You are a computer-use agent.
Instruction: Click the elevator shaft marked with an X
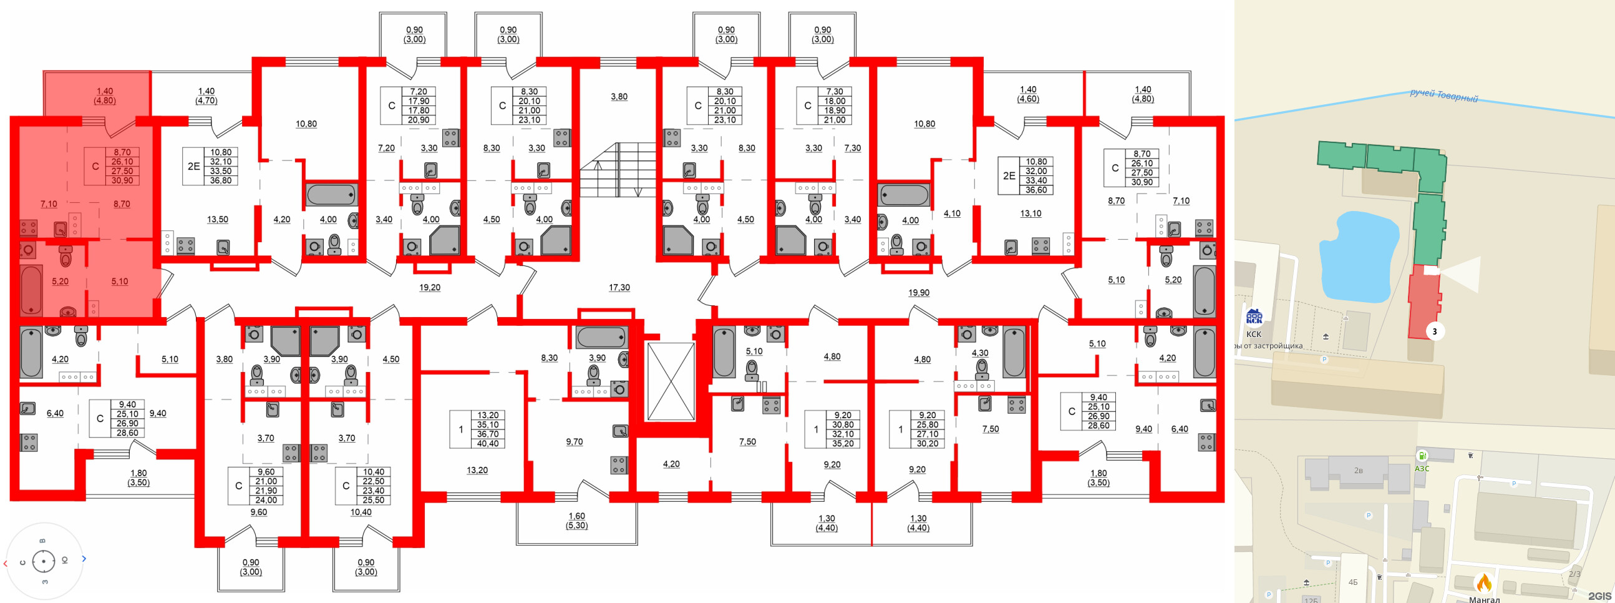coord(671,381)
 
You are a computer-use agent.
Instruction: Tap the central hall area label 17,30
coord(619,287)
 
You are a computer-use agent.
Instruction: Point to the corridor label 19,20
coord(429,287)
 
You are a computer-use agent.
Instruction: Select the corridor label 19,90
coord(918,292)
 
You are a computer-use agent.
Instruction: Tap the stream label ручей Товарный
coord(1443,96)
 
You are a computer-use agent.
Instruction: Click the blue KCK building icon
coord(1254,317)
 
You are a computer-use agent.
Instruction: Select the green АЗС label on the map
coord(1422,468)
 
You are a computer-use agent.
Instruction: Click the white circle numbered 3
coord(1435,331)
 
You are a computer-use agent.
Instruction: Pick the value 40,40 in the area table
coord(488,444)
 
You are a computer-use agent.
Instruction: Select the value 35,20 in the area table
coord(843,444)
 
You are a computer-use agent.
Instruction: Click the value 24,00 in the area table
coord(266,500)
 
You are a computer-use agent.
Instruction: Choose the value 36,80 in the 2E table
coord(221,180)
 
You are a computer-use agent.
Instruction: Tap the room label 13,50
coord(218,220)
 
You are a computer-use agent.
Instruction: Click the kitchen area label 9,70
coord(574,442)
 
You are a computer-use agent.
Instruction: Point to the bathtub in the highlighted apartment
coord(31,289)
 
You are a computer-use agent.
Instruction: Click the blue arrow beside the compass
coord(84,559)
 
